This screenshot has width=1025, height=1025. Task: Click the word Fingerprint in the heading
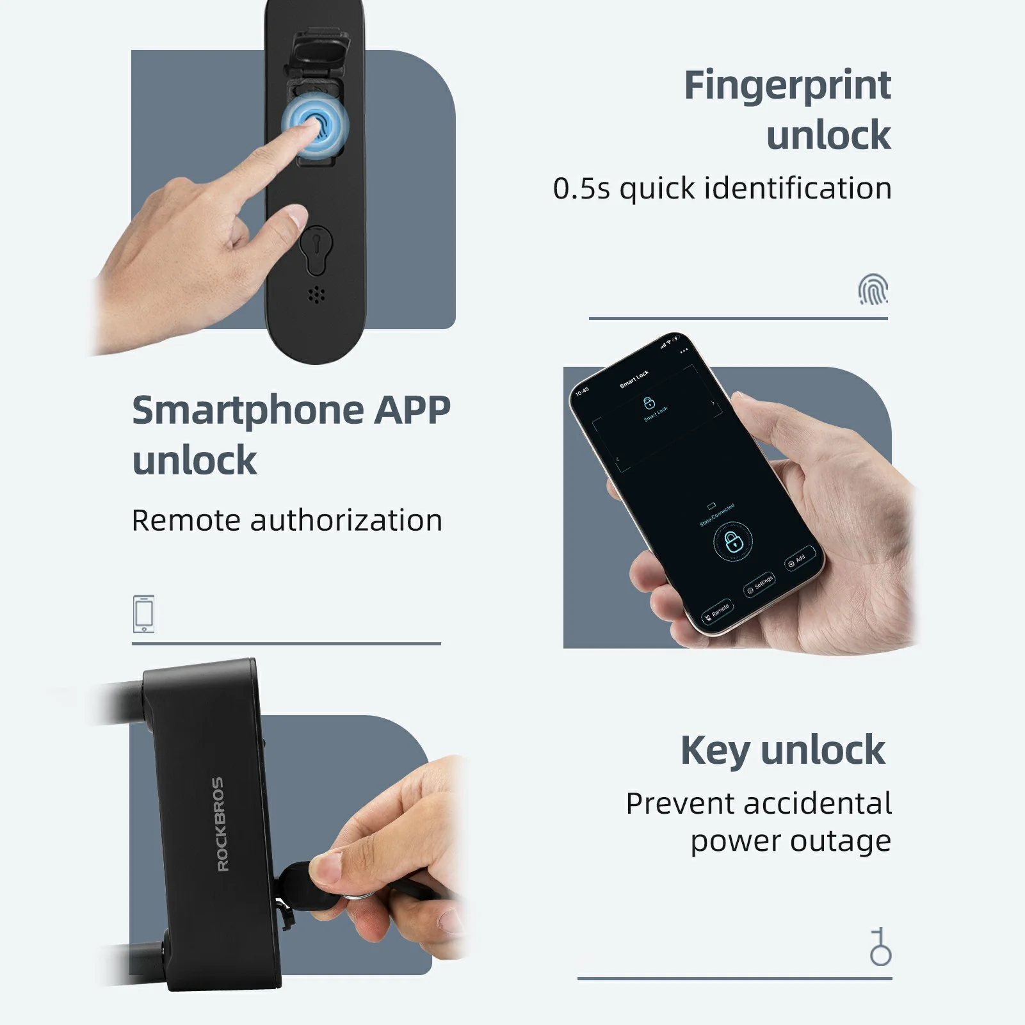(x=787, y=86)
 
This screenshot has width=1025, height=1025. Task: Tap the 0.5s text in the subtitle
(x=581, y=189)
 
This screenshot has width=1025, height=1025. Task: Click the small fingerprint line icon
(x=873, y=289)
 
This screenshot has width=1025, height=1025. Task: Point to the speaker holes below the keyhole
(x=316, y=295)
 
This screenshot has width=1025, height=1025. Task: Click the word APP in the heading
(x=412, y=410)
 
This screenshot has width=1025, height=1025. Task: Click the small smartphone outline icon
(x=144, y=614)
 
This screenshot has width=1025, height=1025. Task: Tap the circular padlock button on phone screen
(x=733, y=542)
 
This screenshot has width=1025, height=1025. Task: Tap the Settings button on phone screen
(x=759, y=584)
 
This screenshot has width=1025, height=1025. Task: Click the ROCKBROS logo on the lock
(x=219, y=824)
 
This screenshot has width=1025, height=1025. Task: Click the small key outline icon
(x=880, y=947)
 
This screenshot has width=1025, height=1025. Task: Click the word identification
(x=797, y=189)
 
